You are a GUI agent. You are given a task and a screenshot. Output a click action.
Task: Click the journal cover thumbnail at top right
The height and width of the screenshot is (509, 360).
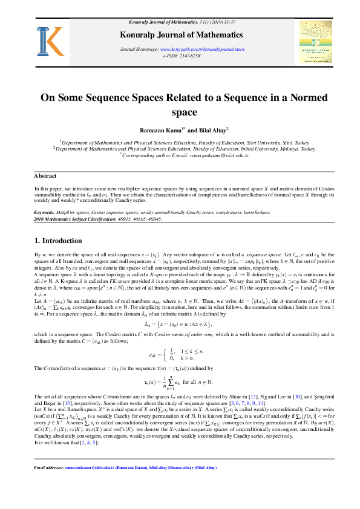point(315,42)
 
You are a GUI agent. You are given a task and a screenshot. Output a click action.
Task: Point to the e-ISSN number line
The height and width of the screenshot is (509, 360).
point(182,55)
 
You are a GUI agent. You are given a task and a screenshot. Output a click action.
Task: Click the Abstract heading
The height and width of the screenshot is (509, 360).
point(45,176)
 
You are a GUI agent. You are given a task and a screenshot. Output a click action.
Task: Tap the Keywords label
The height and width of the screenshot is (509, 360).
point(45,213)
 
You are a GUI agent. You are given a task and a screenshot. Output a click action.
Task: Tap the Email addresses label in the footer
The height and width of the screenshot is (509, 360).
point(48,485)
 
